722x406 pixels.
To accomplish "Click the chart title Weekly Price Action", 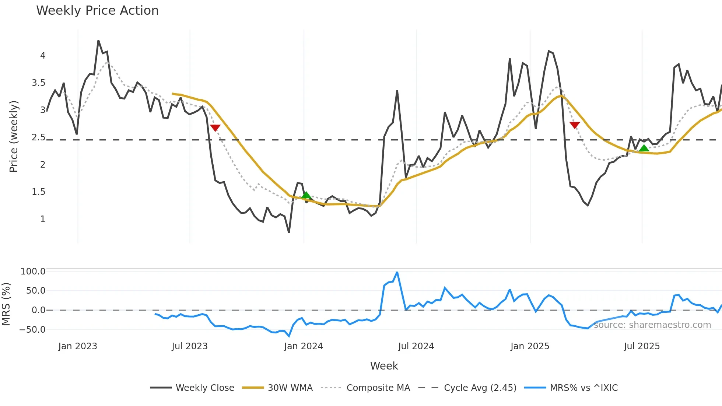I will (97, 11).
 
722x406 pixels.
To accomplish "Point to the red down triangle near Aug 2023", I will (215, 127).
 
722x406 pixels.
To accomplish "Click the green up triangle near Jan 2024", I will (306, 195).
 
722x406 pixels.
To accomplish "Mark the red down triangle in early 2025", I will (575, 125).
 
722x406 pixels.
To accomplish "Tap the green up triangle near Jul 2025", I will (644, 148).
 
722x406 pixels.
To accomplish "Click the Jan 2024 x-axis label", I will (304, 346).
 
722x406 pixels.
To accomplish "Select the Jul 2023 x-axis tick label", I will (190, 346).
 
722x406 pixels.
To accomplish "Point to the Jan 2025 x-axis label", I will (530, 346).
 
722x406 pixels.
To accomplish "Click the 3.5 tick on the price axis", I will (39, 83).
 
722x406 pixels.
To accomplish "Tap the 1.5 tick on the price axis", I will (39, 192).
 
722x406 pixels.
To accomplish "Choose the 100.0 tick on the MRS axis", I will (33, 272).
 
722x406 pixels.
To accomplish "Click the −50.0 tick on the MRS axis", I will (32, 330).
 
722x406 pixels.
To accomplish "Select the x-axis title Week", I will (384, 366).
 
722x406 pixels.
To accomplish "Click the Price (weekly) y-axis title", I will (14, 136).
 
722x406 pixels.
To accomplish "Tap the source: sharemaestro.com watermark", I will (652, 325).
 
